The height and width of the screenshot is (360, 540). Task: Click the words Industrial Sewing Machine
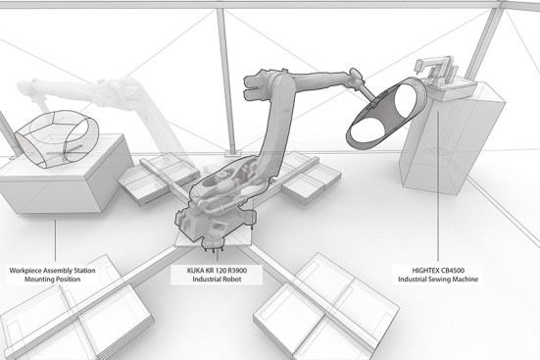438,280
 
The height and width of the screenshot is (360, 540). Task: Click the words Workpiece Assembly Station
52,271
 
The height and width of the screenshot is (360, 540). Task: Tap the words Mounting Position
52,280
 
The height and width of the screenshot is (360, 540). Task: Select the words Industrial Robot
217,280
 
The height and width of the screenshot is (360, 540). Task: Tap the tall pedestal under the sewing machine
451,138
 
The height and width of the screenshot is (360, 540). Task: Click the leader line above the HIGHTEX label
438,186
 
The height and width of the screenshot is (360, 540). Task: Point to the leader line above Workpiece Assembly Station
55,240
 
